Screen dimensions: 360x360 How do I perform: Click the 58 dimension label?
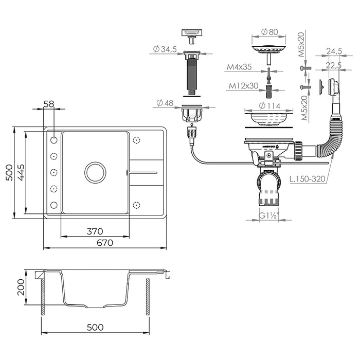(x=49, y=104)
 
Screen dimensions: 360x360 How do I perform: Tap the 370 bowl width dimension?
(x=95, y=231)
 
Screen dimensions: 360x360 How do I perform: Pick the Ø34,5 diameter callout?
(x=165, y=49)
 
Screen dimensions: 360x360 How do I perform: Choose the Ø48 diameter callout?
(x=165, y=103)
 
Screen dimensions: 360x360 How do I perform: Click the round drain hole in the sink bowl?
(x=95, y=172)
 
